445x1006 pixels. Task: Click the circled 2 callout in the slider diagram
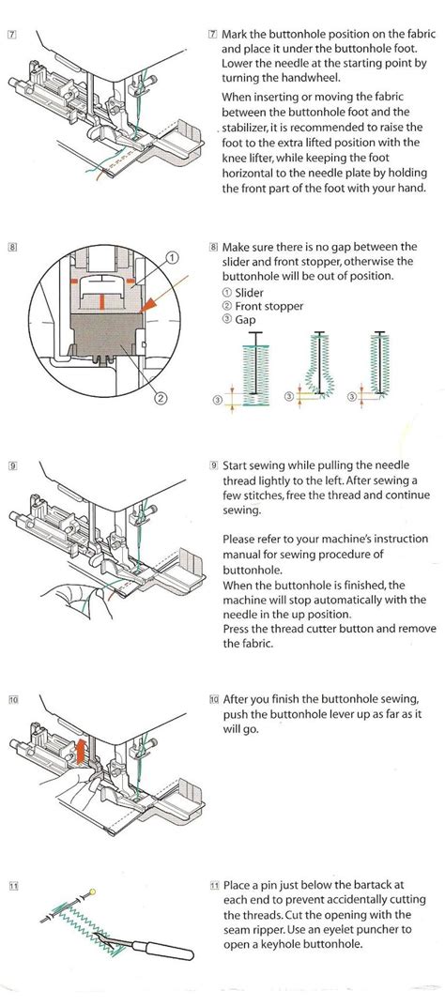click(x=161, y=397)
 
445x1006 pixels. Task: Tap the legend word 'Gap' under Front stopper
click(x=247, y=321)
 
